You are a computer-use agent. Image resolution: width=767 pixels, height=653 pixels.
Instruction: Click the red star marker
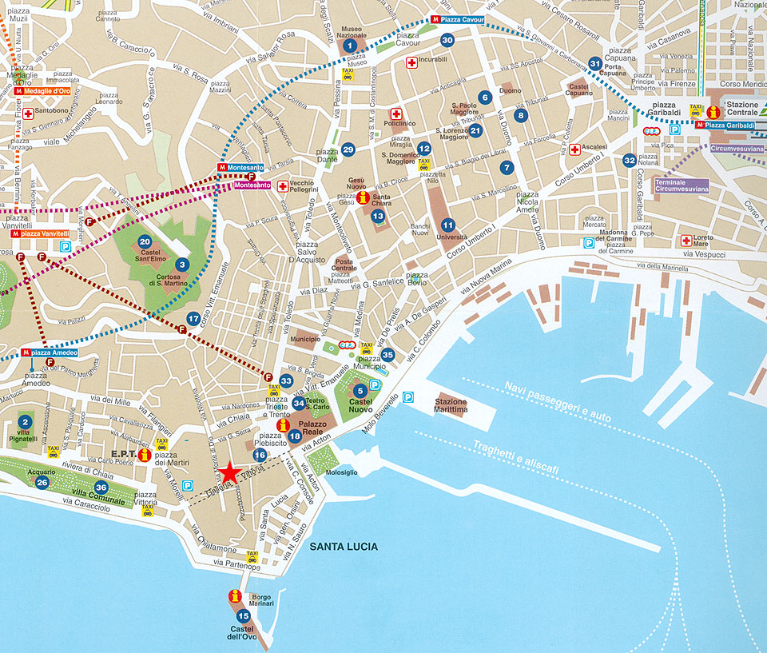[x=229, y=472]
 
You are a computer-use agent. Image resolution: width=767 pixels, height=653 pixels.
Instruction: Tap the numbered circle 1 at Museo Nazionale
[x=349, y=46]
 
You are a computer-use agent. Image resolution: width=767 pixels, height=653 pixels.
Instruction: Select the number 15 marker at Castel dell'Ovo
[x=243, y=615]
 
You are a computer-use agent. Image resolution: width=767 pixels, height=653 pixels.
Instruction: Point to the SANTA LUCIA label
[x=345, y=547]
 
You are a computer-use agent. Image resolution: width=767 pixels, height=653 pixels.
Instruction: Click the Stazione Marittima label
[x=451, y=405]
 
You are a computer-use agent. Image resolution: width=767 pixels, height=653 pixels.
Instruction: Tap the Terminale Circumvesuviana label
[x=681, y=185]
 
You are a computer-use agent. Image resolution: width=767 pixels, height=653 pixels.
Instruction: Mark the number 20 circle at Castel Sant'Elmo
[x=145, y=241]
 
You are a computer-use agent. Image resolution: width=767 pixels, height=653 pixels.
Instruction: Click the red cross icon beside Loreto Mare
[x=686, y=240]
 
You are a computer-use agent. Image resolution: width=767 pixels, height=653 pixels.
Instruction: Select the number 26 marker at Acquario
[x=42, y=482]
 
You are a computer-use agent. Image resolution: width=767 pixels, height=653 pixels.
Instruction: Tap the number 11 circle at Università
[x=447, y=225]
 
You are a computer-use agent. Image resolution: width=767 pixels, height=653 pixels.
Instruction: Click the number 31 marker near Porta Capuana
[x=594, y=63]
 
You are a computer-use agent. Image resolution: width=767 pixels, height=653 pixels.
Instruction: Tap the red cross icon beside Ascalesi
[x=574, y=149]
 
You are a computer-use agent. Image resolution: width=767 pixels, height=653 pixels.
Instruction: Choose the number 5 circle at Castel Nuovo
[x=360, y=390]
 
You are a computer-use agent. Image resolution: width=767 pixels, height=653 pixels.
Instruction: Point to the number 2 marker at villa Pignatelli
[x=25, y=422]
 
